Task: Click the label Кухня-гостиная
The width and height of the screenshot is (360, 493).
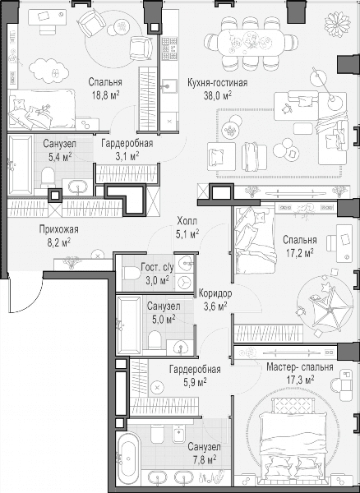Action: [x=217, y=82]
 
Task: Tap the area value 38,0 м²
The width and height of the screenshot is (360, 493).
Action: [x=218, y=95]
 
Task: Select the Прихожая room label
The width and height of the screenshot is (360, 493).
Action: [x=59, y=229]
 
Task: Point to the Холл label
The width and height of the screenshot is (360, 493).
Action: [x=187, y=221]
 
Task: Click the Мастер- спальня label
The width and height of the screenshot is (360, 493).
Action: [x=300, y=367]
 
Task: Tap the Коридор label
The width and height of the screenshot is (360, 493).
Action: [x=215, y=293]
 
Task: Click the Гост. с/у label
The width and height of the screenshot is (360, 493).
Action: [x=157, y=267]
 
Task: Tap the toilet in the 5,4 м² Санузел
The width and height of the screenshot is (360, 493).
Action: [x=48, y=177]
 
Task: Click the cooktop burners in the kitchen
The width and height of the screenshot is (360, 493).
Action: [x=169, y=48]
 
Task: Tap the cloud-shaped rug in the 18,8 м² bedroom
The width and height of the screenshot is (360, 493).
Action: [x=48, y=71]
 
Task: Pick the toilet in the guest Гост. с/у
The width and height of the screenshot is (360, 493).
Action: [x=132, y=274]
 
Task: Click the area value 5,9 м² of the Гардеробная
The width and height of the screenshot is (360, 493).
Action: [x=195, y=382]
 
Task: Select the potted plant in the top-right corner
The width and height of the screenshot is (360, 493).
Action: [x=337, y=22]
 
